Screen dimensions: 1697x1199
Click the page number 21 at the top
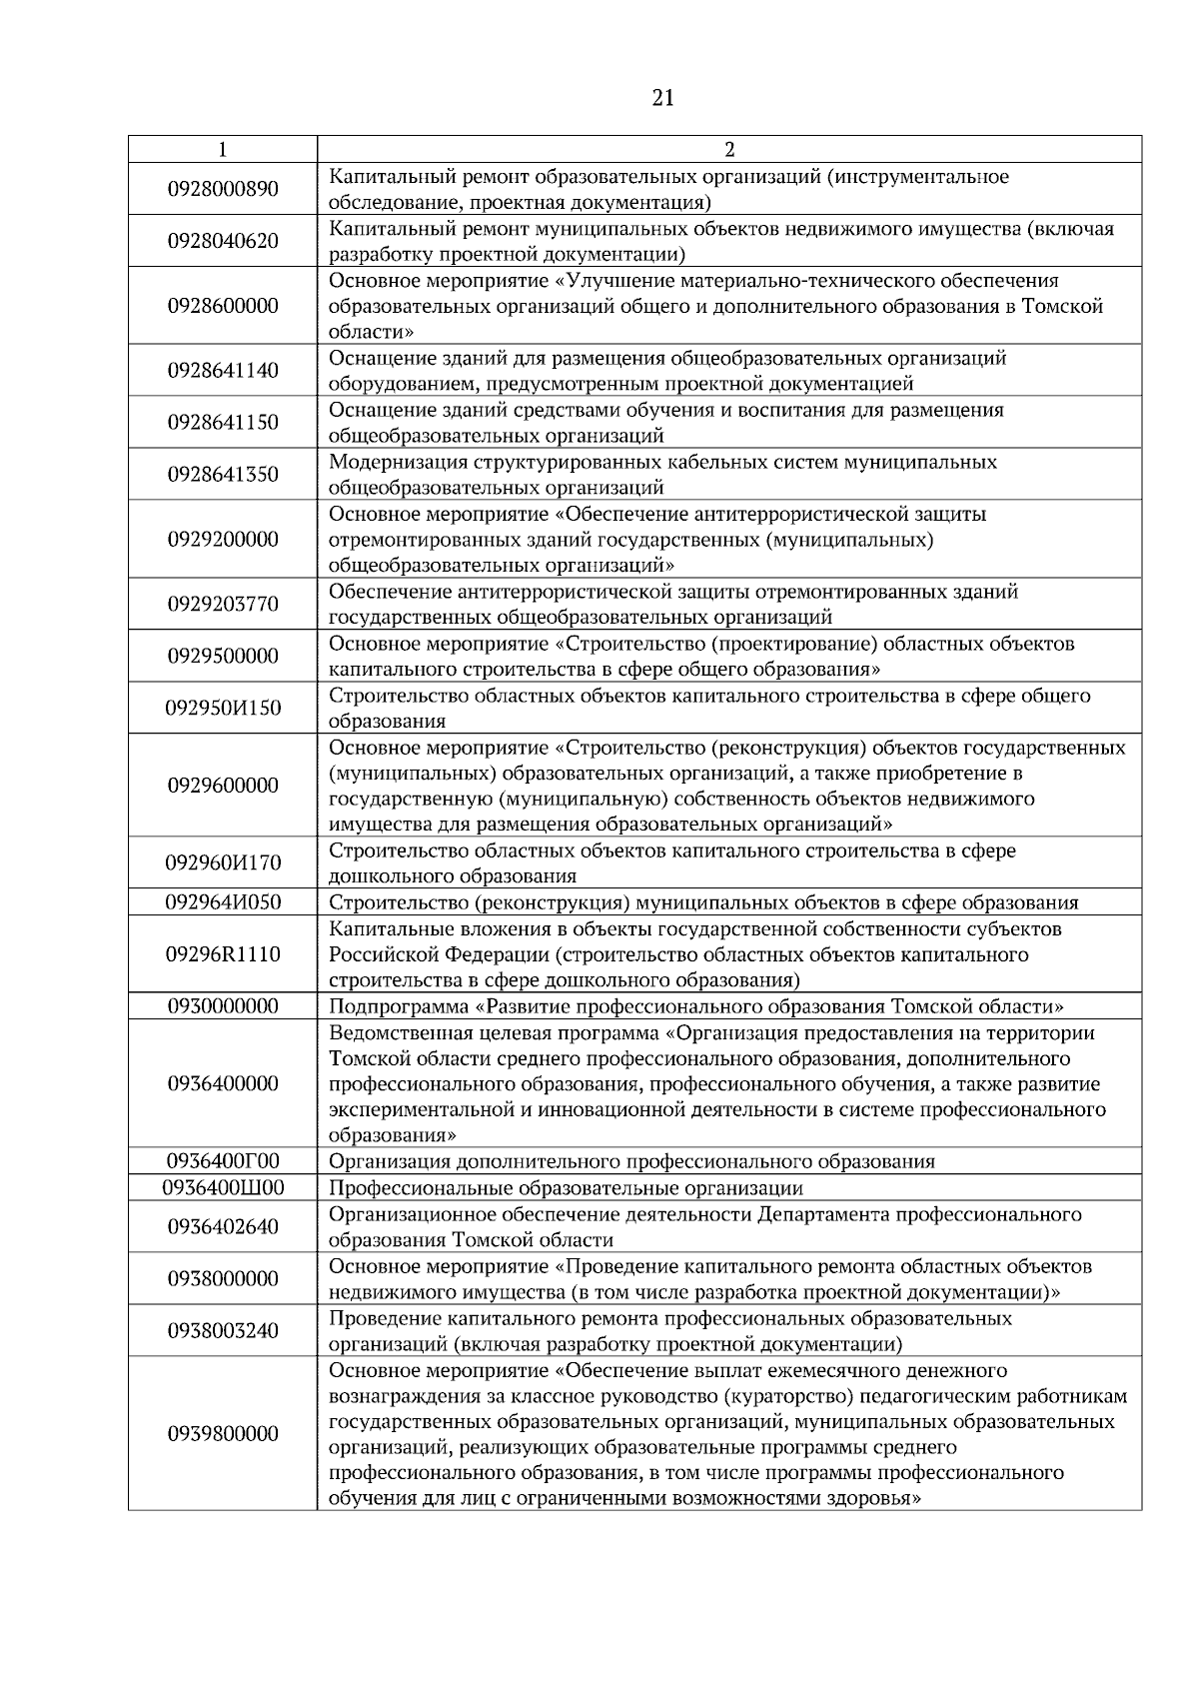(661, 98)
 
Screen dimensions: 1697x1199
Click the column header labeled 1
(222, 149)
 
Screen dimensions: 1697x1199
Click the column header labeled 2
(728, 149)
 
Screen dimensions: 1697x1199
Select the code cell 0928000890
(223, 189)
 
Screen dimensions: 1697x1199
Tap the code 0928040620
(223, 241)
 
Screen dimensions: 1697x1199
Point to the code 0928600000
(223, 306)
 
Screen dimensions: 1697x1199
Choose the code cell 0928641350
(223, 475)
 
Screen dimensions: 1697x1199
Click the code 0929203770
(223, 605)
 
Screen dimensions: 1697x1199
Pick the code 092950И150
(223, 709)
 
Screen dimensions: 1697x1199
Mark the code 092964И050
(223, 902)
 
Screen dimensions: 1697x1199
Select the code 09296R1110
(223, 954)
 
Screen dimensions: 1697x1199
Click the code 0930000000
(223, 1006)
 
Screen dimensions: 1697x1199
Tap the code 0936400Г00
(223, 1161)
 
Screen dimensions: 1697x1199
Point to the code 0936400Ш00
(223, 1188)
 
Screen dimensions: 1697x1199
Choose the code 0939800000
(223, 1434)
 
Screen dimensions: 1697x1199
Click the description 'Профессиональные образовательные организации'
(566, 1188)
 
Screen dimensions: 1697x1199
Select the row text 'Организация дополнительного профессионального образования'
(631, 1161)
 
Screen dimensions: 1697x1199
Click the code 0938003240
(223, 1331)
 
